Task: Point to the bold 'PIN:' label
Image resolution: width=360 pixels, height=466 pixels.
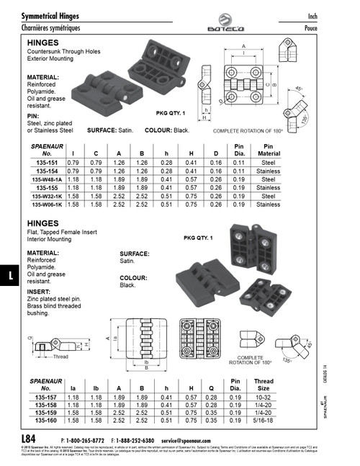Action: point(33,115)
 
